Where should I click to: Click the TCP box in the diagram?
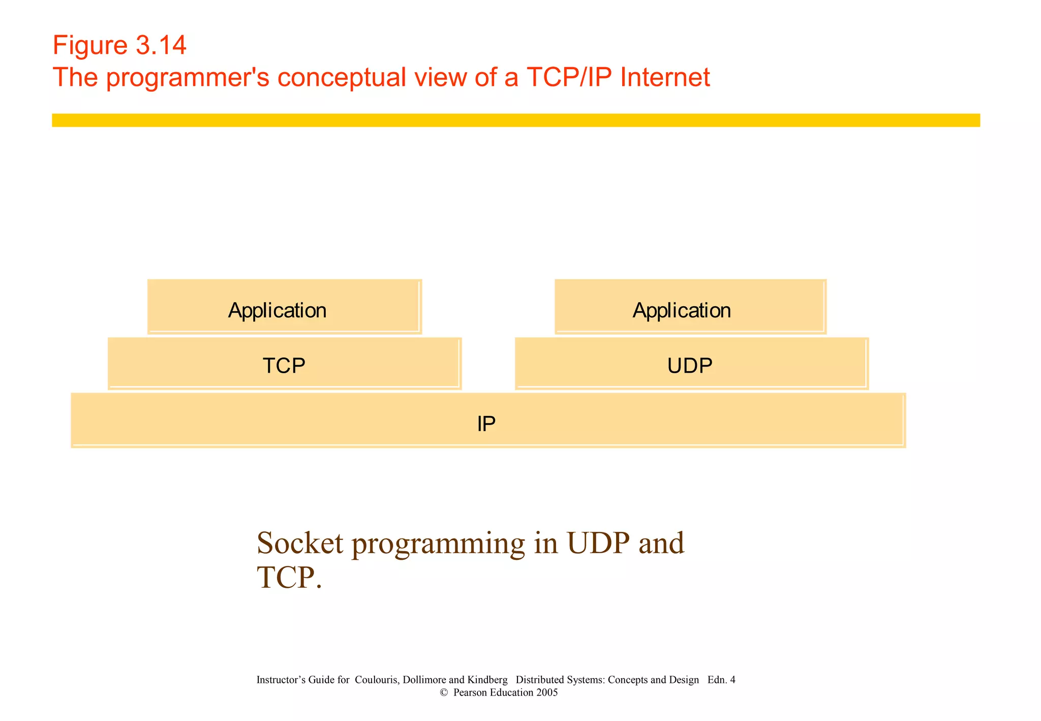pyautogui.click(x=284, y=364)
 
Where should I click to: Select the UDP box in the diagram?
pyautogui.click(x=691, y=364)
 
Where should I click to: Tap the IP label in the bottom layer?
pyautogui.click(x=486, y=424)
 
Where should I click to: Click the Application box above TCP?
pyautogui.click(x=284, y=308)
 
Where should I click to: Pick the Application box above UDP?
pyautogui.click(x=690, y=308)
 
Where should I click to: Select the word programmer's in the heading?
pyautogui.click(x=188, y=78)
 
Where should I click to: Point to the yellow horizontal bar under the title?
pyautogui.click(x=515, y=120)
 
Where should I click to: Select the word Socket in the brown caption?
pyautogui.click(x=300, y=543)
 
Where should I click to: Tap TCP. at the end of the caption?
pyautogui.click(x=289, y=578)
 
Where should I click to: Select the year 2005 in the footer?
pyautogui.click(x=546, y=693)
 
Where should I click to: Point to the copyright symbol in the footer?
pyautogui.click(x=444, y=693)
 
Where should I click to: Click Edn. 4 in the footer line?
pyautogui.click(x=721, y=680)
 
